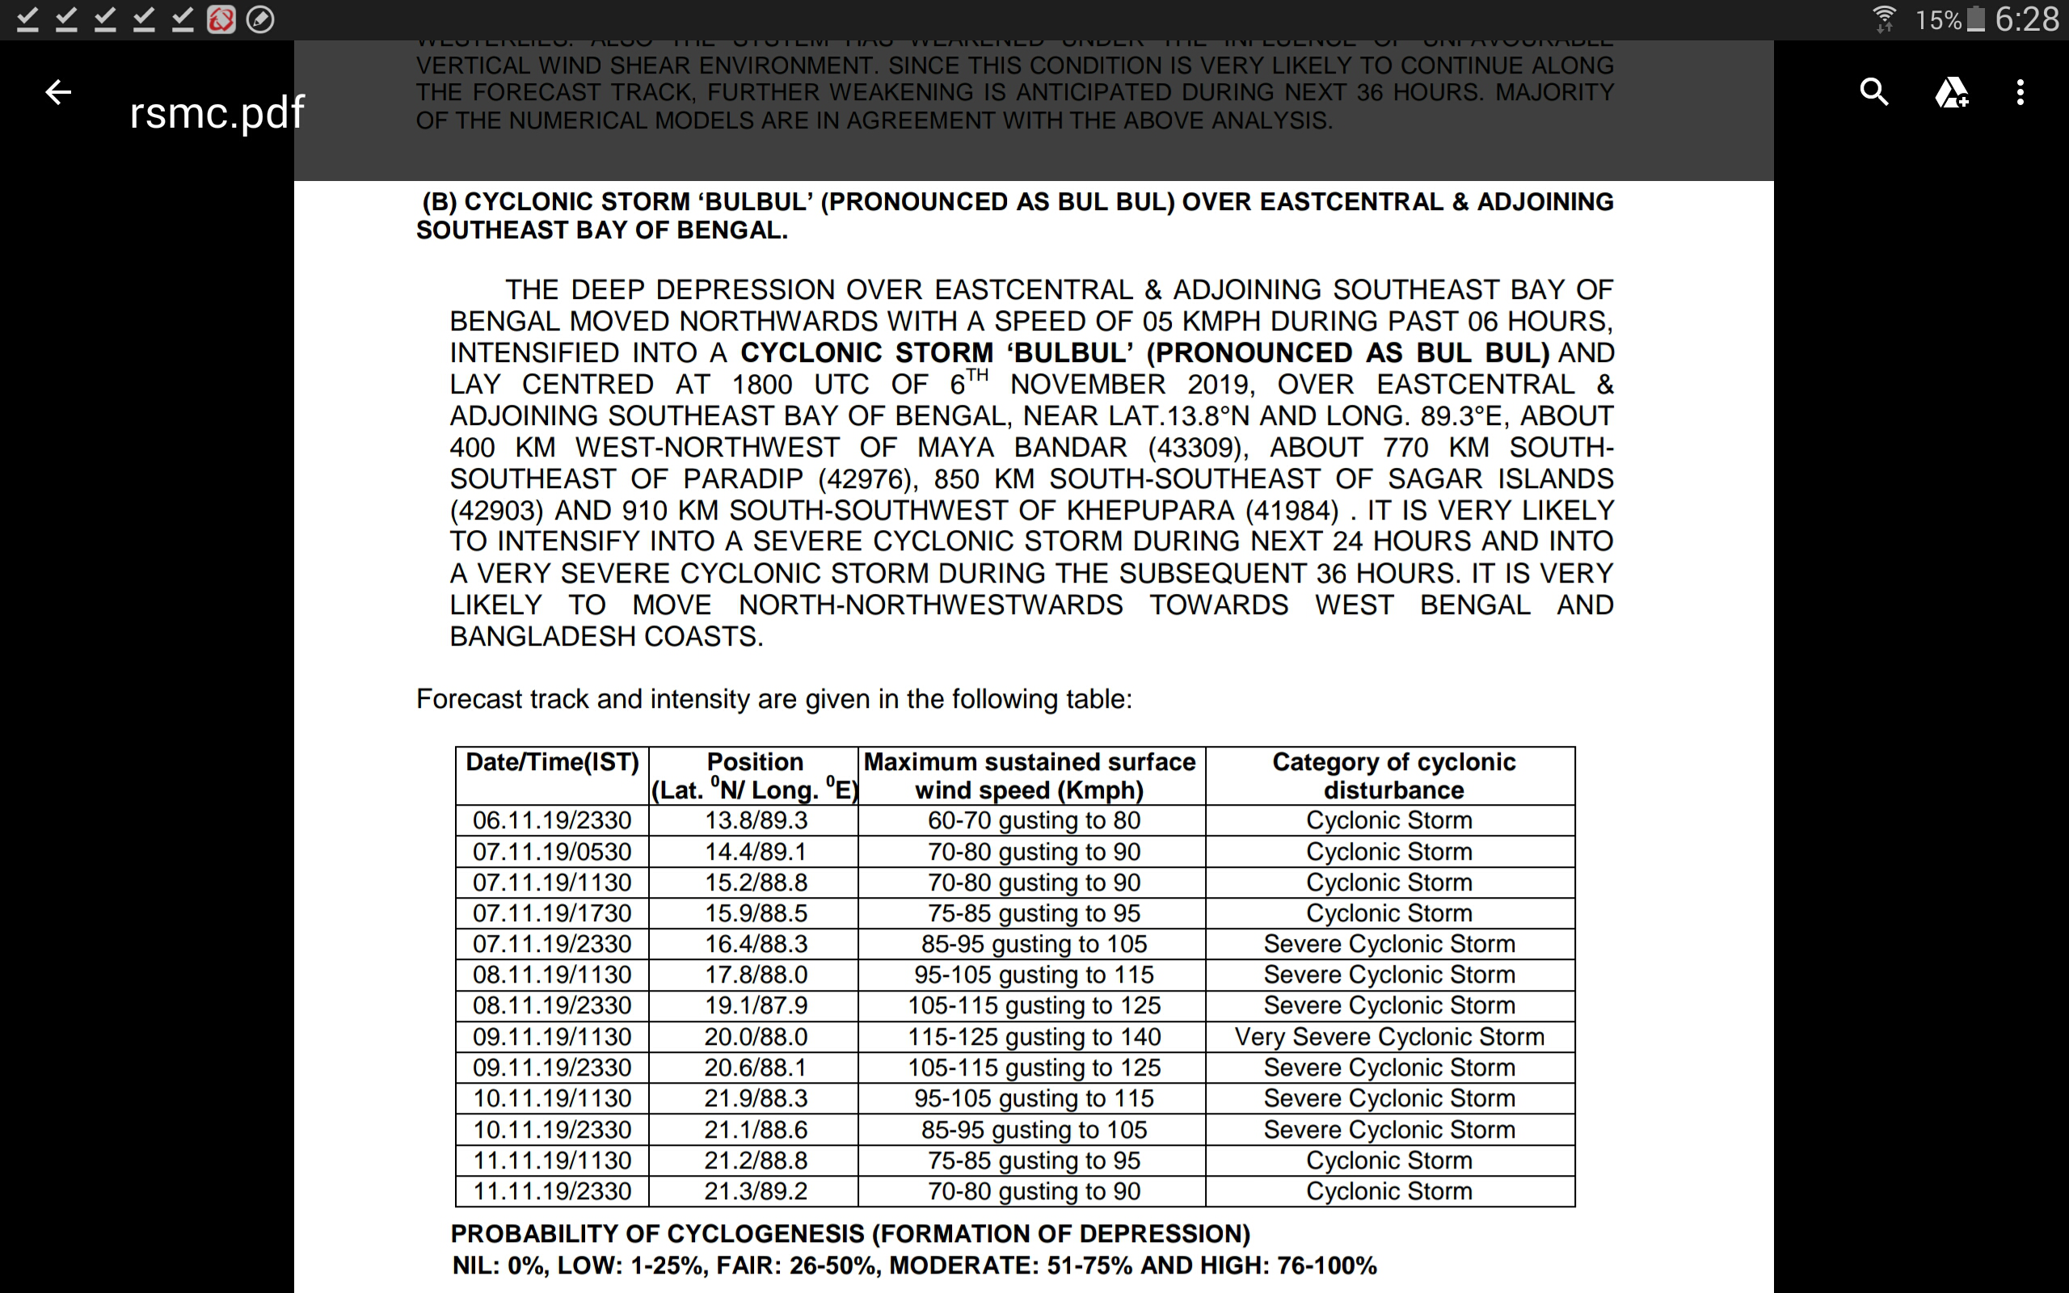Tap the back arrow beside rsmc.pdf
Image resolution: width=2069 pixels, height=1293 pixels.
coord(58,91)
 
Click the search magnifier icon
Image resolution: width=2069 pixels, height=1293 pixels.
coord(1873,91)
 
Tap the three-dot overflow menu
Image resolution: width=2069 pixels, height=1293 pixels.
coord(2021,91)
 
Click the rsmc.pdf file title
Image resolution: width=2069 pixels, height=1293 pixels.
coord(217,112)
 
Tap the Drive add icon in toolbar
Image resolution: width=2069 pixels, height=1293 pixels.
coord(1951,91)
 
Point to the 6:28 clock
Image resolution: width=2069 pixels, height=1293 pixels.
coord(2026,19)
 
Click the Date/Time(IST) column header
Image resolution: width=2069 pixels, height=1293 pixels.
coord(552,762)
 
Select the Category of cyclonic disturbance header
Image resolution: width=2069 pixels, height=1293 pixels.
coord(1393,776)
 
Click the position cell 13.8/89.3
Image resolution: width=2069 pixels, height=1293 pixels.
coord(756,820)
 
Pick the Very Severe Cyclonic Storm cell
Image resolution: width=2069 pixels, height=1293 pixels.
coord(1389,1037)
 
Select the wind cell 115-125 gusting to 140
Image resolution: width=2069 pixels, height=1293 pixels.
coord(1034,1037)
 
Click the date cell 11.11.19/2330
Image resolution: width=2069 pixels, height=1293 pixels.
coord(552,1190)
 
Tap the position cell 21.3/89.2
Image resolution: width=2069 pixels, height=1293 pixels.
coord(756,1190)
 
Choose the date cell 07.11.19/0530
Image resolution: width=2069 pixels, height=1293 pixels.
coord(552,852)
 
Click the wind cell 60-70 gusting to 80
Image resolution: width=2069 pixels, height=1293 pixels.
coord(1034,820)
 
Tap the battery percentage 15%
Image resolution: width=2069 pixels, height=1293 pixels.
coord(1938,19)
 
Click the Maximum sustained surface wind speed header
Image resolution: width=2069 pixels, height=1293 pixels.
coord(1030,776)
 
